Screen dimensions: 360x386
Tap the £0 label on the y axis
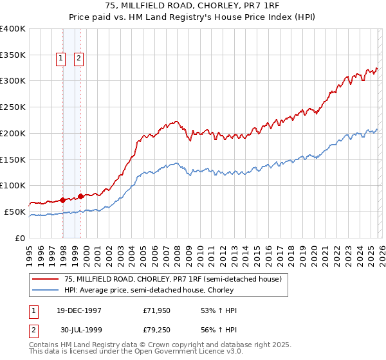tap(21, 238)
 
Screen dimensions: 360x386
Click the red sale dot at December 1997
tap(63, 200)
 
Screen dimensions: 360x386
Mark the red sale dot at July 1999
tap(81, 196)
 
